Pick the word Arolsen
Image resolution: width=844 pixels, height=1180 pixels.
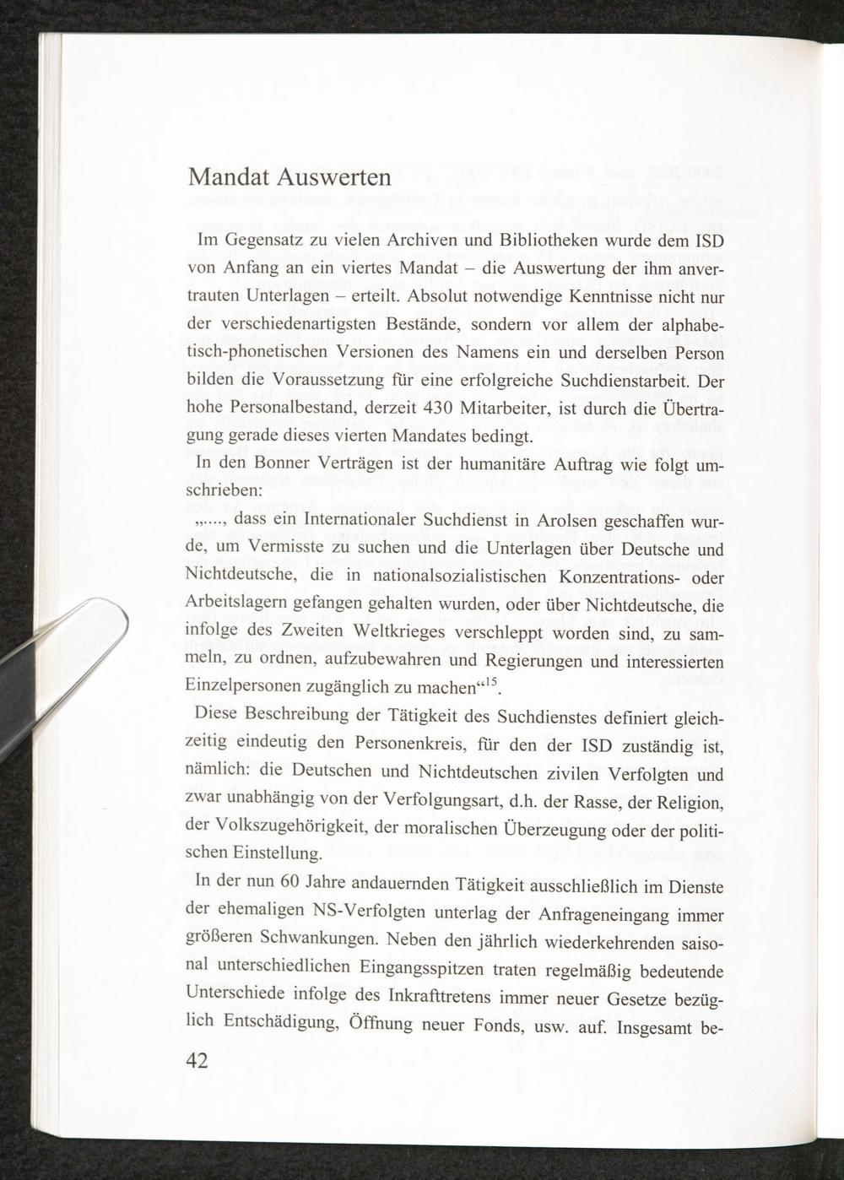(x=568, y=522)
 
